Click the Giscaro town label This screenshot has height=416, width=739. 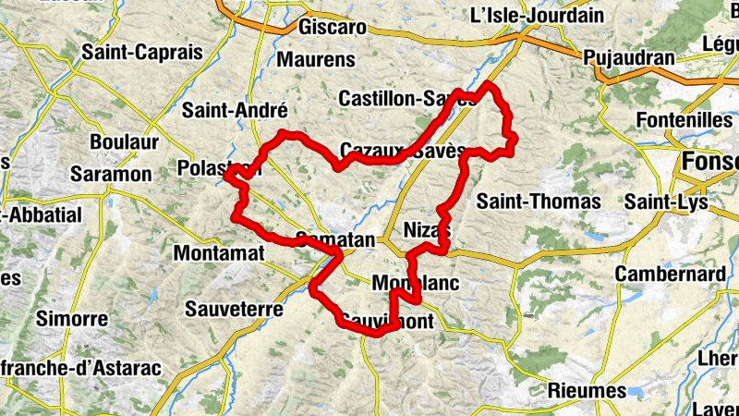coord(333,27)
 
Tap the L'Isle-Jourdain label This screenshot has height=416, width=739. coord(537,16)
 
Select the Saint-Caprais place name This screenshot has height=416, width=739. coord(141,53)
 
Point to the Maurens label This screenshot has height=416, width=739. coord(316,60)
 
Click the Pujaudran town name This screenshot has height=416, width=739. coord(629,57)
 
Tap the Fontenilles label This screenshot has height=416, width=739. coord(684,121)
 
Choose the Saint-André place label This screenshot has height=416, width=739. coord(235,111)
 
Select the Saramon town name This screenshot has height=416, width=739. coord(111,174)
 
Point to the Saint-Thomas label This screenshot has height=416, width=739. coord(539,201)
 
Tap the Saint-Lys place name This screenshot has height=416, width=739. coord(666,202)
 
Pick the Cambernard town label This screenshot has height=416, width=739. coord(670,275)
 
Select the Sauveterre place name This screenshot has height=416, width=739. coord(234,309)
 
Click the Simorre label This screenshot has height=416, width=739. coord(72,319)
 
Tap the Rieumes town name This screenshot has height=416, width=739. coord(587,390)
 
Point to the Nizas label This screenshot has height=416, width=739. coord(427,230)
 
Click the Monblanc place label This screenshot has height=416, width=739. coord(415,283)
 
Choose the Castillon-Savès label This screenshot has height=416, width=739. coord(406,98)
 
